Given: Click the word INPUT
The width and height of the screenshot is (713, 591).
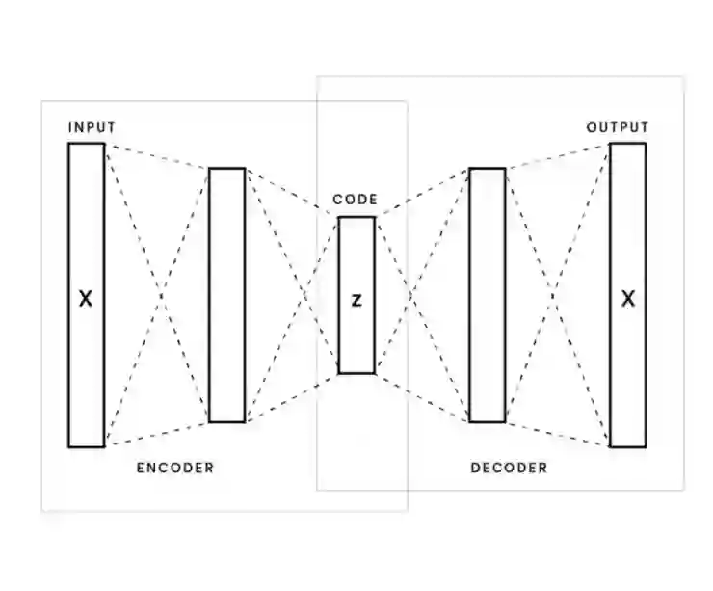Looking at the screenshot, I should tap(92, 127).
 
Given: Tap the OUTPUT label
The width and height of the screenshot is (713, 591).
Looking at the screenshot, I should tap(618, 127).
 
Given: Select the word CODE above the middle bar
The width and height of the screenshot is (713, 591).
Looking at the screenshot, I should tap(356, 201).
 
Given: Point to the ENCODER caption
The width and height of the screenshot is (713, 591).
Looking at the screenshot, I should tap(174, 469).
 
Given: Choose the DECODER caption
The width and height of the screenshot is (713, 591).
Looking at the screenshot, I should tap(509, 469).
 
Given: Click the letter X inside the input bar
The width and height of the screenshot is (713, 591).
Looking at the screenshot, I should tap(86, 299).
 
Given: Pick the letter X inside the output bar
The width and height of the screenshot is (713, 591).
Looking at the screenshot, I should tap(628, 299).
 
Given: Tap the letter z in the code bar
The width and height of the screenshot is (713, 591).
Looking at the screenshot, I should tap(356, 300).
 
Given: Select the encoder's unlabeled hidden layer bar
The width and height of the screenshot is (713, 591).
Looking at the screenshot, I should tap(226, 295).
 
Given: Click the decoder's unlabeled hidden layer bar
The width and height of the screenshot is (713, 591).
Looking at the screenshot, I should tap(488, 295).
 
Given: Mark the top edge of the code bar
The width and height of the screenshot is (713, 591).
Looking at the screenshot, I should tap(356, 218).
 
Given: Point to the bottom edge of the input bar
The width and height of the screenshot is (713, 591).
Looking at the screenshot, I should tap(86, 446).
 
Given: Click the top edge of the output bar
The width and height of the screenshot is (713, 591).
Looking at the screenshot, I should tap(628, 144).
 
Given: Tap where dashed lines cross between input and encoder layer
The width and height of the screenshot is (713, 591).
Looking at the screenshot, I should tap(157, 295).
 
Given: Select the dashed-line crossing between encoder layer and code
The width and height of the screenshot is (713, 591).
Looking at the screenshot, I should tap(293, 295).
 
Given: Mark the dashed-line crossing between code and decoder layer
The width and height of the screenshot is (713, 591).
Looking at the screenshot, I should tap(421, 295).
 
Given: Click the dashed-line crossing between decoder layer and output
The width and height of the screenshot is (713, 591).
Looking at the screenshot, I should tap(558, 295).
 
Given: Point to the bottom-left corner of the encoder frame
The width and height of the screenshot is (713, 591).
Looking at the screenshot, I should tap(42, 510).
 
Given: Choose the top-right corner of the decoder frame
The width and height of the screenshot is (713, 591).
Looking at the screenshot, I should tap(683, 77).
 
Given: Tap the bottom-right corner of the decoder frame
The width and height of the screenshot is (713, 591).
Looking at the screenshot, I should tap(683, 490).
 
